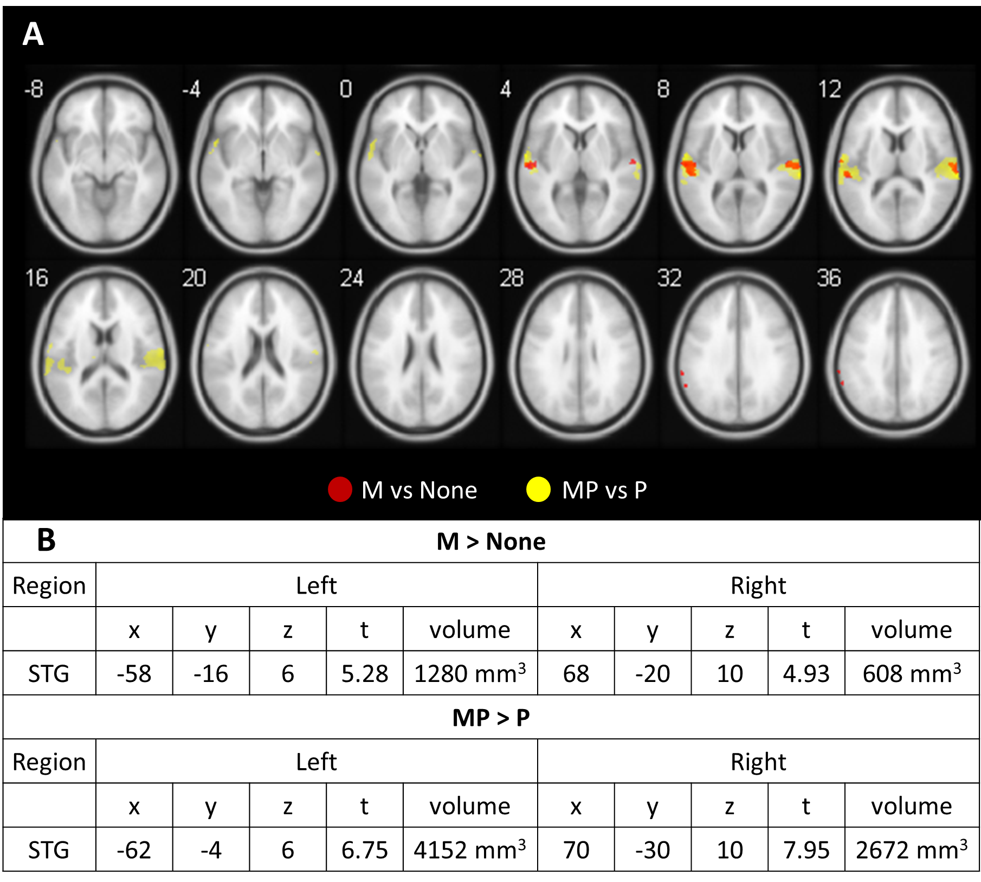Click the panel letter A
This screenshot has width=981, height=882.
tap(33, 35)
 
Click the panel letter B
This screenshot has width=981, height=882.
tap(46, 540)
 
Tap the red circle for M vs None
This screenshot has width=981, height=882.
tap(340, 490)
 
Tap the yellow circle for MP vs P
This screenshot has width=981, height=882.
tap(538, 490)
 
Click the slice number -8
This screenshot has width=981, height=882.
tap(34, 89)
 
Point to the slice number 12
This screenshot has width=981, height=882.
tap(829, 89)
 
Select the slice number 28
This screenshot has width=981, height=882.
tap(511, 278)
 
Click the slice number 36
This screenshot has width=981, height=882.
tap(829, 278)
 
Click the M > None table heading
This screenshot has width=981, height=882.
tap(490, 542)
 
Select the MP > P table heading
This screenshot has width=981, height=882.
tap(490, 718)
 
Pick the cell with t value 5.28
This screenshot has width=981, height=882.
tap(364, 674)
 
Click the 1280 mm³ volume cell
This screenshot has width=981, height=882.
tap(470, 674)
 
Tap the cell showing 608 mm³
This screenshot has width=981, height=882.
tap(912, 674)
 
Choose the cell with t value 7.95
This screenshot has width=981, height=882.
tap(806, 850)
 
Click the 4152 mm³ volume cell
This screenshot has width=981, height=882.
tap(470, 850)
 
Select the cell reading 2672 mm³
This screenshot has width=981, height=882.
tap(912, 850)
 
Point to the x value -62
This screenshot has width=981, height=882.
tap(134, 850)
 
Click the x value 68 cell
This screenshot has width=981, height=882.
tap(576, 674)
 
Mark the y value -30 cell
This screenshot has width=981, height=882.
tap(653, 850)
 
